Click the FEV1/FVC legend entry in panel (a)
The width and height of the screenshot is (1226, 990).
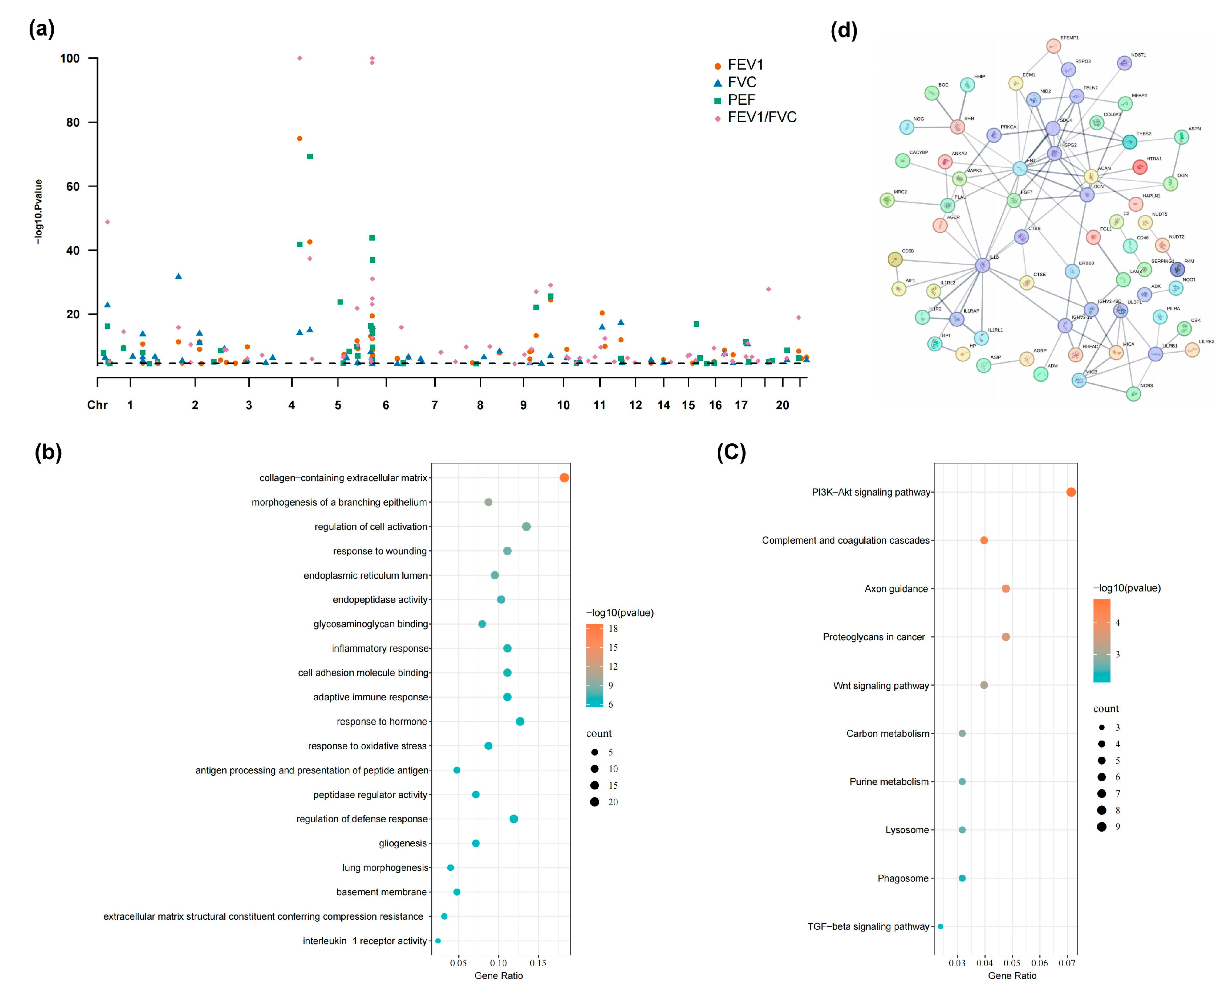[762, 117]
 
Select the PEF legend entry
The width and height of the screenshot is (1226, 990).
[741, 100]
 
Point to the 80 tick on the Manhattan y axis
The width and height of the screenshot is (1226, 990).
[73, 123]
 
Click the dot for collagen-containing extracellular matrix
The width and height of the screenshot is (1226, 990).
[564, 478]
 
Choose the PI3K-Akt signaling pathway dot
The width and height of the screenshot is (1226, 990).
[1071, 492]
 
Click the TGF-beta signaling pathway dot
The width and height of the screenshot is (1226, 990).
[940, 927]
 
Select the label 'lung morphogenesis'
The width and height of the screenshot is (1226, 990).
[385, 867]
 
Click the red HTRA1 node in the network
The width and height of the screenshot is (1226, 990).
[1139, 167]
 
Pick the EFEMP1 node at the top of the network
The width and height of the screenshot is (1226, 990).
[1053, 46]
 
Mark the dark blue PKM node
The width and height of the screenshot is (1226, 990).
[1177, 270]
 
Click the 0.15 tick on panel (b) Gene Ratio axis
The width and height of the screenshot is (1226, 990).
[538, 963]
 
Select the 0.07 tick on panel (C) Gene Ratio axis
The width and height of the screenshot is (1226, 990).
[1067, 963]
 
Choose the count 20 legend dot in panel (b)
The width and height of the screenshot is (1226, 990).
[595, 802]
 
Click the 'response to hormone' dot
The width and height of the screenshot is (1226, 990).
[520, 721]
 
